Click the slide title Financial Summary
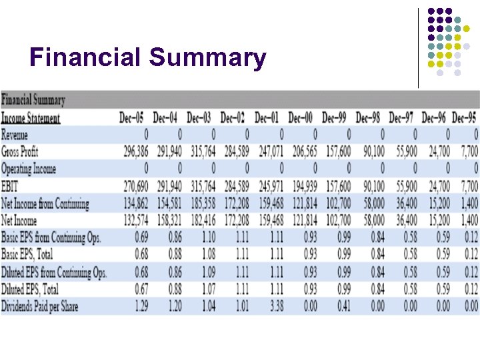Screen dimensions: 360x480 [x=147, y=58]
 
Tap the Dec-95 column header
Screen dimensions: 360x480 [x=465, y=118]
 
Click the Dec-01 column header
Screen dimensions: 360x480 [x=267, y=118]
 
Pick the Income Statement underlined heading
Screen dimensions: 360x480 [x=31, y=118]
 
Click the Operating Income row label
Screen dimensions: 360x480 [x=29, y=169]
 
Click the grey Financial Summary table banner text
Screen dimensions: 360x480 [x=33, y=101]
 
